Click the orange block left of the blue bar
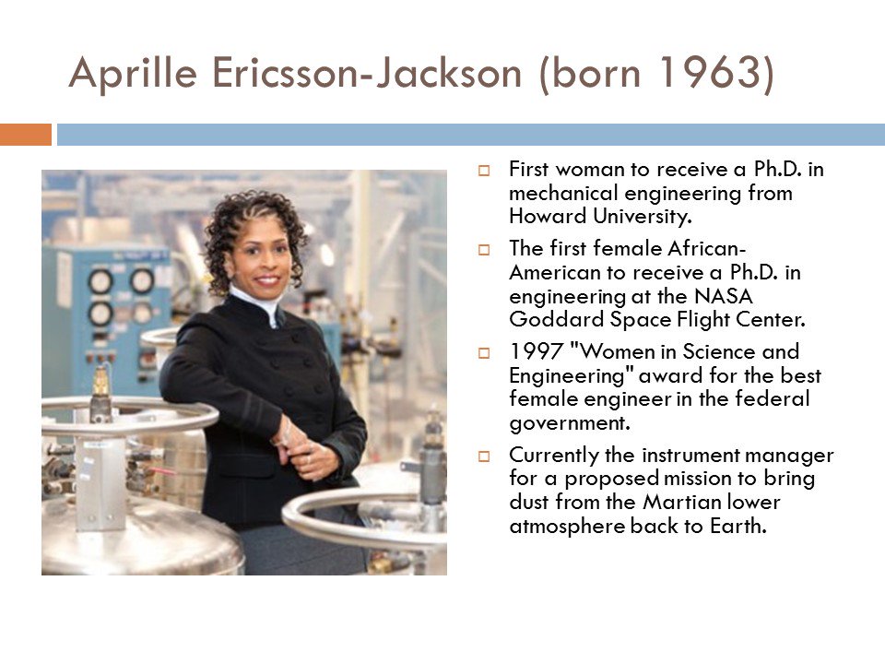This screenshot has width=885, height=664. click(25, 135)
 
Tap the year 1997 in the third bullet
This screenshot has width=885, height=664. click(531, 353)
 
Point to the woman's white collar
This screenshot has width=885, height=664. click(254, 301)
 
